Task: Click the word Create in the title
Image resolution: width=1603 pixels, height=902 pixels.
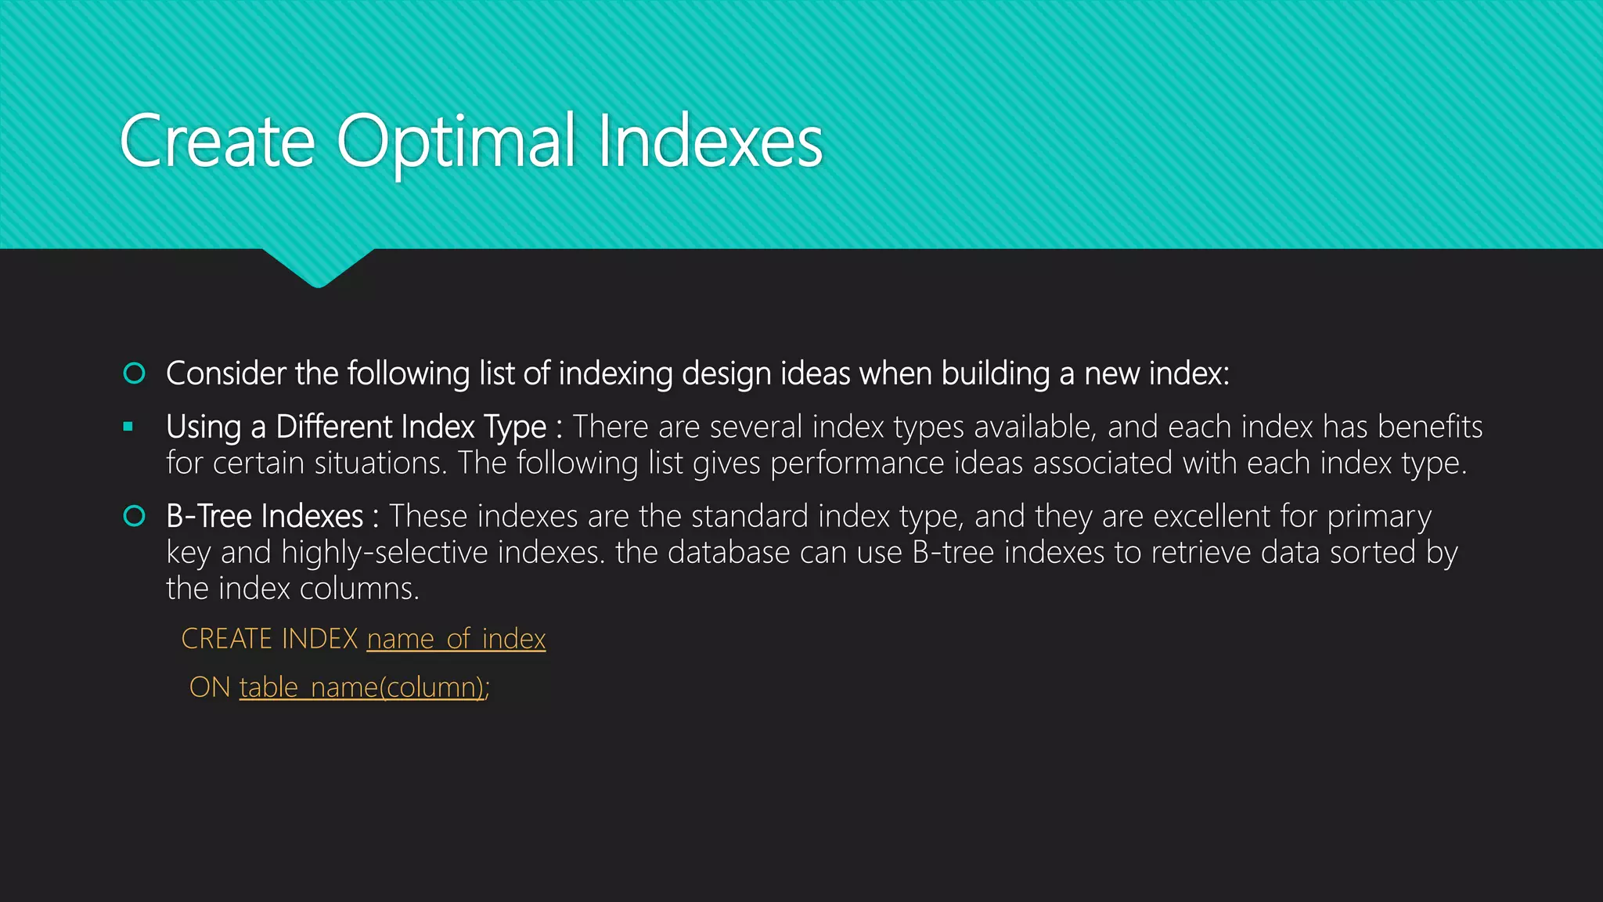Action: click(x=217, y=142)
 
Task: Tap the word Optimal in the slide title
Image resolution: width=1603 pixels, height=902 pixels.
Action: click(x=456, y=143)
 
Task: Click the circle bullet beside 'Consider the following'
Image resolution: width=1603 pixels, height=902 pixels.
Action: click(x=135, y=373)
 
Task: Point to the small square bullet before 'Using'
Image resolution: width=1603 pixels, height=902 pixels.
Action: click(x=128, y=428)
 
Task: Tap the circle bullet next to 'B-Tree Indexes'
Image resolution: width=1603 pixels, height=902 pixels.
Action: click(x=135, y=516)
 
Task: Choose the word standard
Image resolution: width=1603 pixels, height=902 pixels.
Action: click(x=749, y=517)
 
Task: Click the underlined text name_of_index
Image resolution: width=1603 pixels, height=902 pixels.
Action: click(x=456, y=639)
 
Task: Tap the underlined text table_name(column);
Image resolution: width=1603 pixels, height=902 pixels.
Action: click(x=364, y=687)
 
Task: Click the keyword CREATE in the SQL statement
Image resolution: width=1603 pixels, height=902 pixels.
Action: click(x=226, y=639)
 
